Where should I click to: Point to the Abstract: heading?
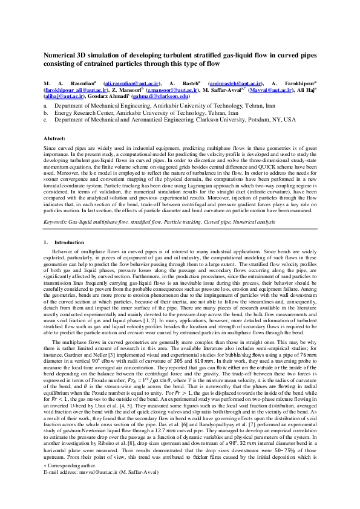(54, 138)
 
